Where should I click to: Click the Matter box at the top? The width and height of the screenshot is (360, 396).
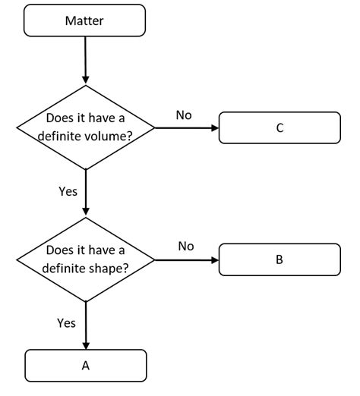[x=85, y=20]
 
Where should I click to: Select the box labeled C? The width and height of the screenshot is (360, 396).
[x=279, y=128]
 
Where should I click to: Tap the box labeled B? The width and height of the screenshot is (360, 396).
[x=279, y=259]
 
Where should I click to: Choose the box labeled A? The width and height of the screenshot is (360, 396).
[x=85, y=365]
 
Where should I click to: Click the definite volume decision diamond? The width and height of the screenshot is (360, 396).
[x=85, y=128]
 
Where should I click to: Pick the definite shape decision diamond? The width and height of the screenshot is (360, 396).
[x=85, y=259]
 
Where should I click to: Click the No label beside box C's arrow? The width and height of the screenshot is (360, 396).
[x=183, y=115]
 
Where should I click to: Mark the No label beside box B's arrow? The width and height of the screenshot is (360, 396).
[x=186, y=246]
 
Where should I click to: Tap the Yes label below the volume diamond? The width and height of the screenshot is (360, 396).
[x=68, y=191]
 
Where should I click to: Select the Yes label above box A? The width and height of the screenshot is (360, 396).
[x=66, y=323]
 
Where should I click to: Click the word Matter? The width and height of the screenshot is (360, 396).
[x=85, y=20]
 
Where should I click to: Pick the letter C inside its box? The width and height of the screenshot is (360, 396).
[x=279, y=128]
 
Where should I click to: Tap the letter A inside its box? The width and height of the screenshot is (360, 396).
[x=85, y=365]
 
